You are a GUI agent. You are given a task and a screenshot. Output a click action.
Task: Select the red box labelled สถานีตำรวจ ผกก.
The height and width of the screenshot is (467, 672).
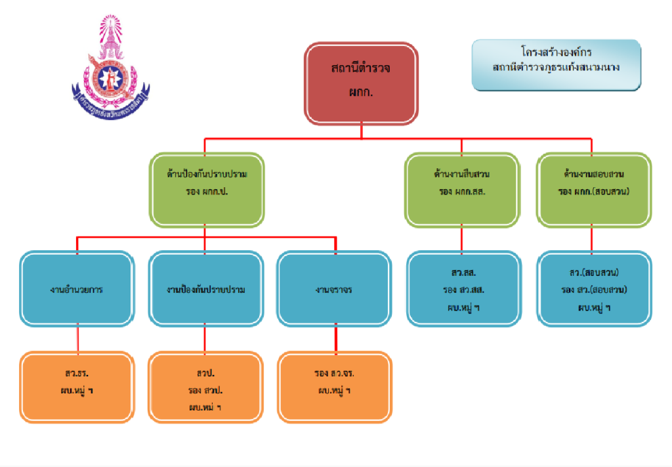[360, 83]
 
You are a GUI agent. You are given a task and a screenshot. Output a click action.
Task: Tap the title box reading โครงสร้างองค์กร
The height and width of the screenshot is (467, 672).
[556, 64]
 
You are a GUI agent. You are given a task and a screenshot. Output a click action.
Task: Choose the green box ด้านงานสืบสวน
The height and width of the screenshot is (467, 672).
[461, 190]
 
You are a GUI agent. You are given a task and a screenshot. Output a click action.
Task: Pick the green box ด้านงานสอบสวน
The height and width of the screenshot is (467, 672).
[593, 190]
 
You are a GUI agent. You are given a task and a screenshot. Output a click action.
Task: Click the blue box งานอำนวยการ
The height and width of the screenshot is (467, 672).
[77, 289]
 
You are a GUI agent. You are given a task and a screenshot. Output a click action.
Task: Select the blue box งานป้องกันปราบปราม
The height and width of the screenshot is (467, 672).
[206, 289]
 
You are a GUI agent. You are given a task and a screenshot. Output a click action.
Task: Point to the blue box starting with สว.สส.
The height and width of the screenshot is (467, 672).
[463, 289]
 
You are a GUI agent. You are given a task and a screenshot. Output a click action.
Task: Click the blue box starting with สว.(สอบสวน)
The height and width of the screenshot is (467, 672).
[594, 289]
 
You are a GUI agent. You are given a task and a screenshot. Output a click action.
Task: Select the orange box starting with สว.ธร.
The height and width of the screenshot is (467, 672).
[77, 386]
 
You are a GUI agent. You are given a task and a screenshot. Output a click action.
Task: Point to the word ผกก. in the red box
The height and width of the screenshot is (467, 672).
[361, 93]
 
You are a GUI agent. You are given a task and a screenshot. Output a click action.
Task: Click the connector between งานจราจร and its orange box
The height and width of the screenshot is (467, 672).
[336, 339]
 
